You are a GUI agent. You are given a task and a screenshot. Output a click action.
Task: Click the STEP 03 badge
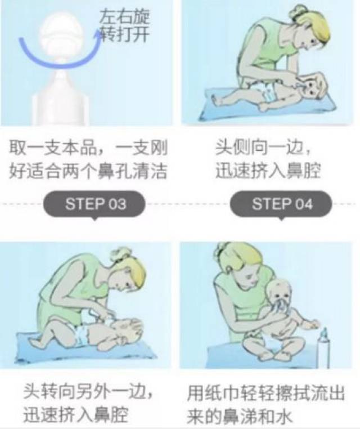[x=94, y=203]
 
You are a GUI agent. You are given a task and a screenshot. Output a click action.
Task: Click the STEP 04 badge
[x=281, y=203]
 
